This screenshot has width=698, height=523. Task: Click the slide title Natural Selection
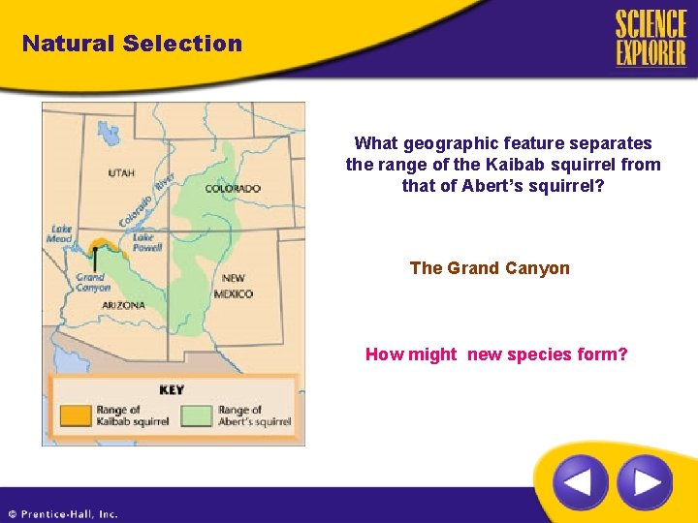pyautogui.click(x=132, y=44)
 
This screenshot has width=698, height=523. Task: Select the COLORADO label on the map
pyautogui.click(x=233, y=188)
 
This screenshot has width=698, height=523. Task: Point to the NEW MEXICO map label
pyautogui.click(x=234, y=286)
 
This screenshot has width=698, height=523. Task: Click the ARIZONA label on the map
pyautogui.click(x=123, y=305)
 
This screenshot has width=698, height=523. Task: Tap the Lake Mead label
pyautogui.click(x=61, y=235)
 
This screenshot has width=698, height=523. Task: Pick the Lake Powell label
pyautogui.click(x=143, y=242)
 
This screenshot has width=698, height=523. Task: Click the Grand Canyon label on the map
pyautogui.click(x=93, y=283)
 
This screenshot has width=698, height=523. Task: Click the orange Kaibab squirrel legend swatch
pyautogui.click(x=74, y=415)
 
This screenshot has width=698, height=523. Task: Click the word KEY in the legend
pyautogui.click(x=172, y=389)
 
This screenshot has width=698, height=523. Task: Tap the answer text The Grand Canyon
pyautogui.click(x=490, y=268)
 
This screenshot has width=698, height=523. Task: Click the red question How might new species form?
pyautogui.click(x=496, y=354)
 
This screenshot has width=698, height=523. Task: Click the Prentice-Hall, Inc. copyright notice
pyautogui.click(x=63, y=514)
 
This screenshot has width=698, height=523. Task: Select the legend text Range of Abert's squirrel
pyautogui.click(x=254, y=415)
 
